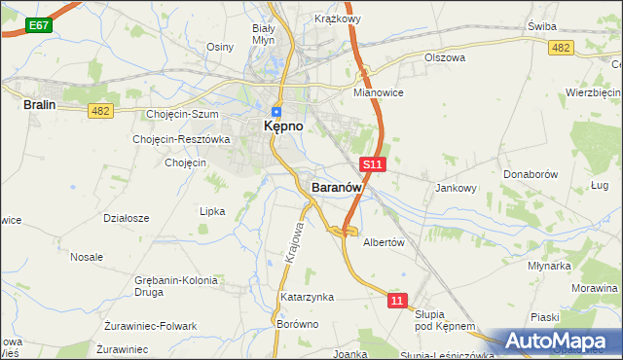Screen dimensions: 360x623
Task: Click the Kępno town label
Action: click(x=283, y=127)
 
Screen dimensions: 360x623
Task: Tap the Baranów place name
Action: click(x=337, y=187)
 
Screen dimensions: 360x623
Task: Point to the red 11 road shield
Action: click(x=396, y=302)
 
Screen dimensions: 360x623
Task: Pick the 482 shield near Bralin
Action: click(x=100, y=112)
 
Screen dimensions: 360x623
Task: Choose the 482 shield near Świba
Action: click(x=560, y=48)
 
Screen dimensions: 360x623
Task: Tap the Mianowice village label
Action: click(x=379, y=92)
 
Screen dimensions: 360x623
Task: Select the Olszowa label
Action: click(x=445, y=57)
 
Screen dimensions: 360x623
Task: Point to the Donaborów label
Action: click(x=530, y=174)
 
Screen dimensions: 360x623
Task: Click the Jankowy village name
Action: click(x=457, y=189)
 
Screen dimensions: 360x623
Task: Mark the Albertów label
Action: click(x=384, y=243)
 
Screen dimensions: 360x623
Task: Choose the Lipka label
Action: click(x=212, y=211)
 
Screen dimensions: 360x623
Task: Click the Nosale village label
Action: click(x=87, y=257)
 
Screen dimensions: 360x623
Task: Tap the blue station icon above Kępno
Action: click(x=276, y=110)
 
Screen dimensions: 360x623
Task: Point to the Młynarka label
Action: click(x=549, y=265)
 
